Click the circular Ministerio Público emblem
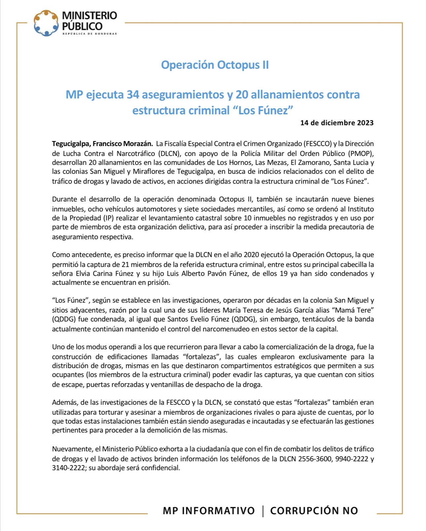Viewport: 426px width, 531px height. pyautogui.click(x=46, y=23)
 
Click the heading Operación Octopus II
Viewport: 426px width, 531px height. pyautogui.click(x=215, y=65)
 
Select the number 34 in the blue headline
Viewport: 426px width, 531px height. pyautogui.click(x=133, y=95)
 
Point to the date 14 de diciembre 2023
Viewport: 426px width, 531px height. pyautogui.click(x=337, y=123)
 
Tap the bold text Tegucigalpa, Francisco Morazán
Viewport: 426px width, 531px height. pyautogui.click(x=102, y=144)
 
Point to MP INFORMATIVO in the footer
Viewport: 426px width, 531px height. pyautogui.click(x=209, y=511)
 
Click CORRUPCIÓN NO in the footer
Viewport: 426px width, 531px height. pyautogui.click(x=314, y=511)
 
